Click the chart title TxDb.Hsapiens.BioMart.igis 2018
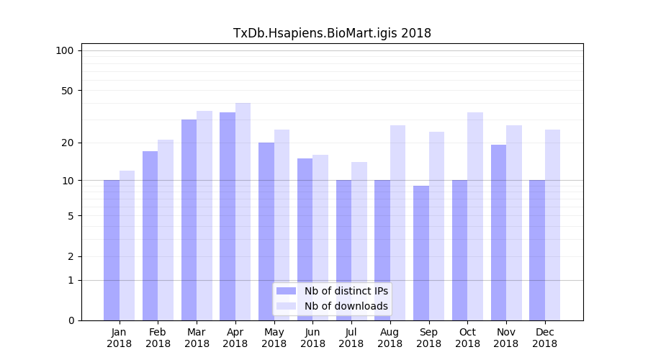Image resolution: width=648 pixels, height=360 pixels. click(x=332, y=33)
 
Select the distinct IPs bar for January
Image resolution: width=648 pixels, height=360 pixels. click(x=112, y=250)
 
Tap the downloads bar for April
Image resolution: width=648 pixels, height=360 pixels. click(x=243, y=212)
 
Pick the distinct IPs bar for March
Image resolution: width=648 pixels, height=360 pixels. click(x=189, y=220)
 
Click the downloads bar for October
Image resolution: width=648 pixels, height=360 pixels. click(x=475, y=216)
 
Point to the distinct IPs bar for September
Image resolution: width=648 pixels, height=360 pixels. click(x=421, y=253)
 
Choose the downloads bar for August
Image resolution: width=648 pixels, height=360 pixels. click(x=397, y=222)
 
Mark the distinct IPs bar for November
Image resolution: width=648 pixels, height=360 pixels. click(x=498, y=233)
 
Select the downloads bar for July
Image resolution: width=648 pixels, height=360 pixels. click(x=359, y=241)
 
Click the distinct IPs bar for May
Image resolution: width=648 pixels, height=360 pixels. click(x=266, y=231)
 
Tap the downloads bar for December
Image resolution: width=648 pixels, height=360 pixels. click(x=552, y=225)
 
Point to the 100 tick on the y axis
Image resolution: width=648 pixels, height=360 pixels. click(x=65, y=50)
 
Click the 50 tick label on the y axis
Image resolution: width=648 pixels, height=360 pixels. click(x=67, y=91)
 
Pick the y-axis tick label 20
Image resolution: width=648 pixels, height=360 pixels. click(x=67, y=143)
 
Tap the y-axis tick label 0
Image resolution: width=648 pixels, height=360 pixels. click(x=70, y=320)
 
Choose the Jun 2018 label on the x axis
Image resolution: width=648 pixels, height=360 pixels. click(x=312, y=338)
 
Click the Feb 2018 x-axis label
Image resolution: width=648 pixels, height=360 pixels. click(x=158, y=338)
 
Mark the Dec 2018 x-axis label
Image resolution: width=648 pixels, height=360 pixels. click(x=544, y=338)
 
